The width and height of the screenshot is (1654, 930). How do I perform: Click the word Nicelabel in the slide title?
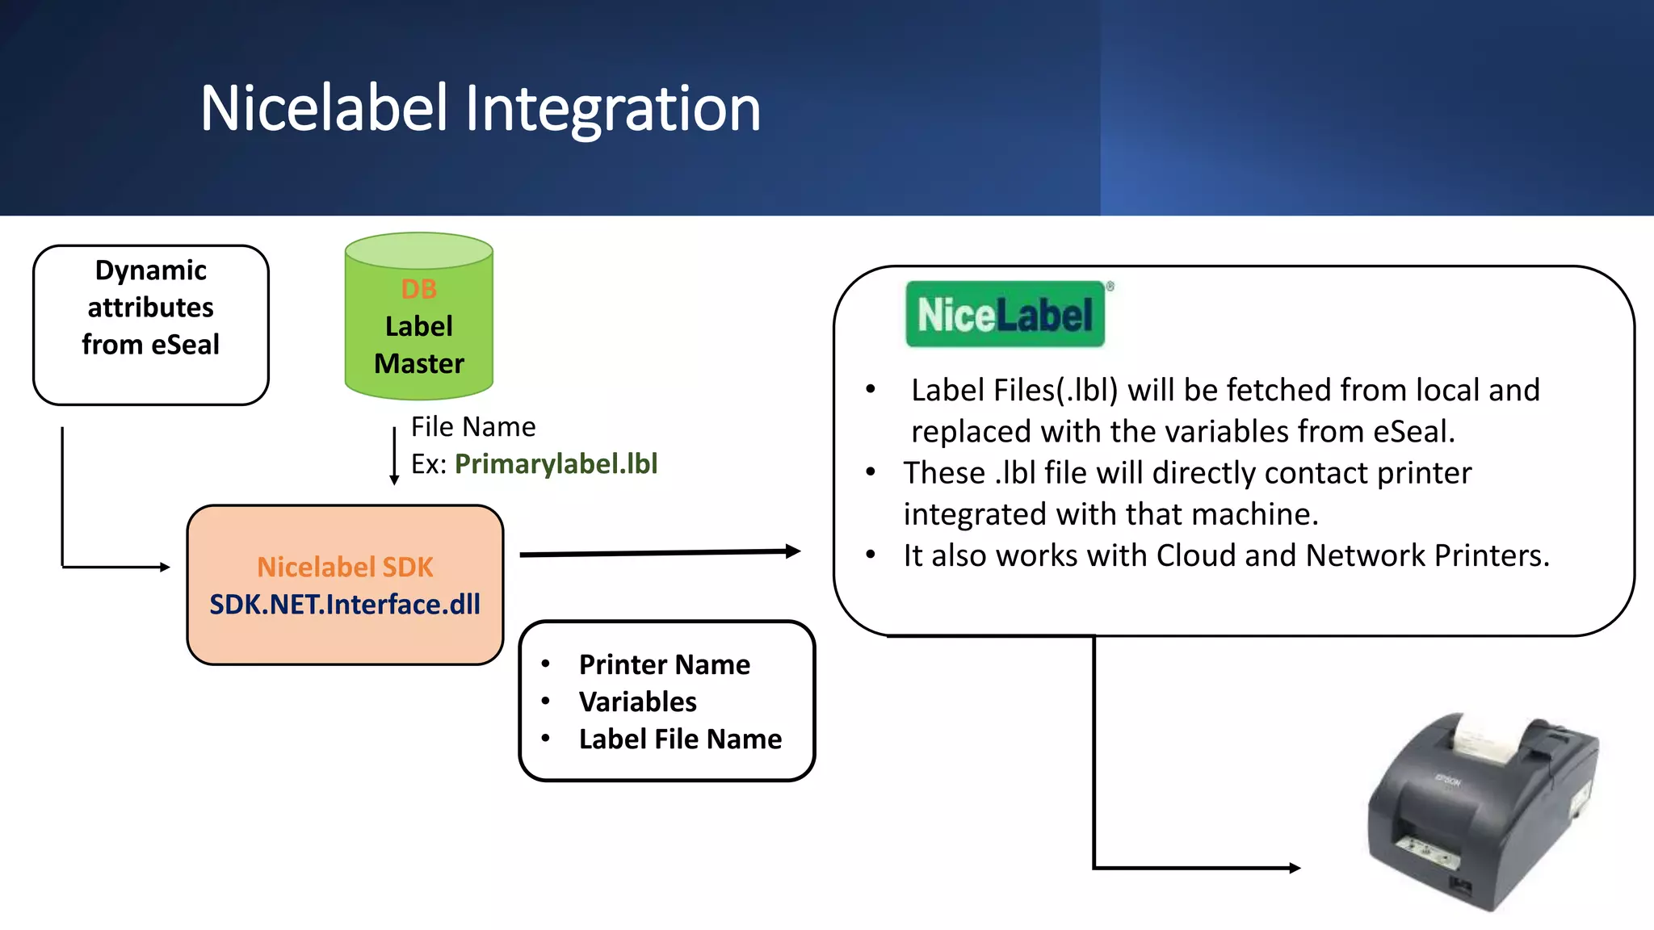click(x=323, y=108)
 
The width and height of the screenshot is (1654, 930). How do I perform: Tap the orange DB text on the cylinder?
click(x=418, y=289)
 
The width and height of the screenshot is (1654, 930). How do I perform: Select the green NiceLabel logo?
click(x=1005, y=315)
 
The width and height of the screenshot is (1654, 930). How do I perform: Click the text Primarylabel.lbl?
click(x=556, y=464)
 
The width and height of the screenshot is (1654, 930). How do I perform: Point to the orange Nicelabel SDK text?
click(x=345, y=567)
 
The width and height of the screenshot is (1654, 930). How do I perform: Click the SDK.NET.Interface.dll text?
click(x=345, y=605)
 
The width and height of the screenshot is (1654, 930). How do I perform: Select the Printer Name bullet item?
click(x=664, y=664)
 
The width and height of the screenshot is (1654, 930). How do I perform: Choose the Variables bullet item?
click(x=637, y=702)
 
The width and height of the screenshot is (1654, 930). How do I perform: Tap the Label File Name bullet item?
click(x=680, y=739)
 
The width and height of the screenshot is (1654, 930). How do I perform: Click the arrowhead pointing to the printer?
click(x=1295, y=868)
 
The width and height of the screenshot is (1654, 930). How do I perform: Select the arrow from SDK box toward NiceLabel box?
click(x=658, y=553)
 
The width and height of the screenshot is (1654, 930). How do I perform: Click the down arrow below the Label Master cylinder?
click(x=394, y=457)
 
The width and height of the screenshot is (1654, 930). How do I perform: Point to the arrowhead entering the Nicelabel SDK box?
click(x=165, y=567)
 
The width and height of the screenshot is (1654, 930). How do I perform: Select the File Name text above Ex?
click(x=473, y=426)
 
